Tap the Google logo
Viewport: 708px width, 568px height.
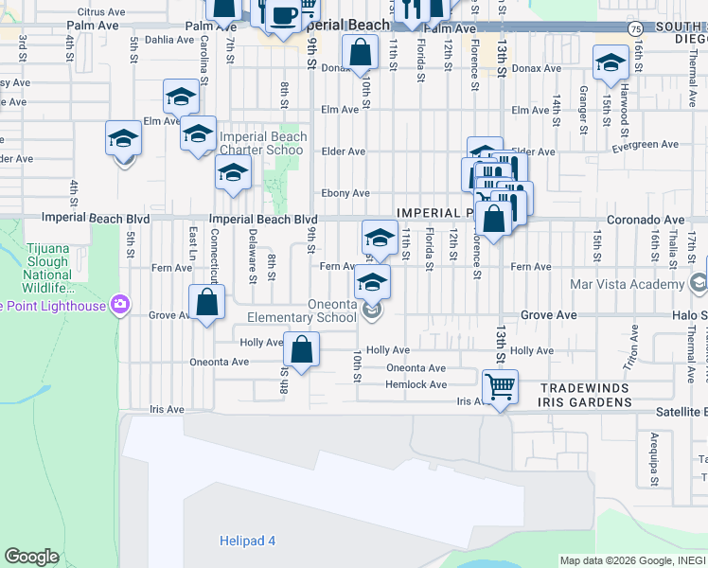(31, 557)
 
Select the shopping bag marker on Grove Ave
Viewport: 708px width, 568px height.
(207, 304)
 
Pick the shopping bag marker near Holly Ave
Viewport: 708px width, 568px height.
(301, 349)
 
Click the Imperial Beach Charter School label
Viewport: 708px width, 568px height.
(263, 143)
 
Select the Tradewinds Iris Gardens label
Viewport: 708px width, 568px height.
(585, 396)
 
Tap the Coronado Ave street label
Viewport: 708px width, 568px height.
(645, 220)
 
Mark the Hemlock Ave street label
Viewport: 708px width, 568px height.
(416, 384)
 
